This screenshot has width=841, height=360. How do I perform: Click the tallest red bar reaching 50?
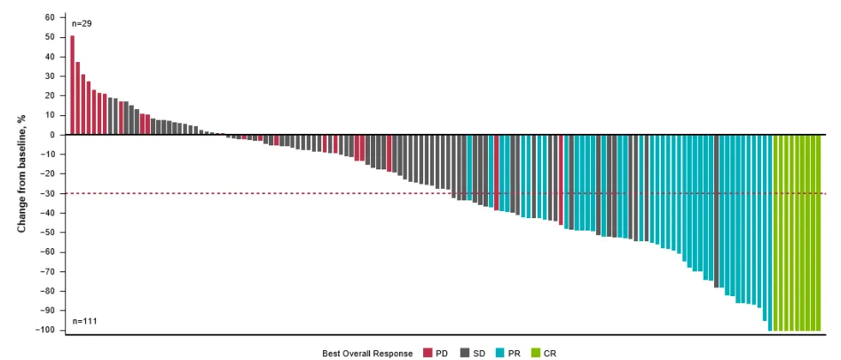pyautogui.click(x=73, y=85)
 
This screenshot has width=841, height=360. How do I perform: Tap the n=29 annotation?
pyautogui.click(x=82, y=24)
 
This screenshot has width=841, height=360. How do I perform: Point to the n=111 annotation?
pyautogui.click(x=83, y=321)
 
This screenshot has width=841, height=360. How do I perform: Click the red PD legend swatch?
pyautogui.click(x=428, y=353)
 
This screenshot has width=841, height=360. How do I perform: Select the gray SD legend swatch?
pyautogui.click(x=465, y=353)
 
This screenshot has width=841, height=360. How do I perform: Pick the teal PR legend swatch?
pyautogui.click(x=500, y=353)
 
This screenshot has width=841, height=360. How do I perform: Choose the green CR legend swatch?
pyautogui.click(x=536, y=353)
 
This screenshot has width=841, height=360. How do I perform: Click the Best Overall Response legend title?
pyautogui.click(x=367, y=354)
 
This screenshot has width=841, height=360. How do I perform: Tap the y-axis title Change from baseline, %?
pyautogui.click(x=22, y=174)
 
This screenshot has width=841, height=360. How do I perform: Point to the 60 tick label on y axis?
pyautogui.click(x=50, y=18)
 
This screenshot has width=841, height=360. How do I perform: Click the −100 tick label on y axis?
pyautogui.click(x=45, y=330)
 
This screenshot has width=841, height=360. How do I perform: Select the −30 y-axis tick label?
pyautogui.click(x=47, y=193)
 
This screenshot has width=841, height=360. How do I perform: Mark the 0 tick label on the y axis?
pyautogui.click(x=52, y=135)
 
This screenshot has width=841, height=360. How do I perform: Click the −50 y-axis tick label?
pyautogui.click(x=47, y=232)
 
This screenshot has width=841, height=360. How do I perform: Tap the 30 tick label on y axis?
pyautogui.click(x=50, y=76)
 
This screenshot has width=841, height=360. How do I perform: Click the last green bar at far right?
pyautogui.click(x=819, y=233)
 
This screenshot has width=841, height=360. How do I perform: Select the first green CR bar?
pyautogui.click(x=775, y=233)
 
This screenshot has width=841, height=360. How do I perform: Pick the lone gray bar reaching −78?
pyautogui.click(x=717, y=211)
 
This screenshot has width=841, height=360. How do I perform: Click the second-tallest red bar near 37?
pyautogui.click(x=78, y=98)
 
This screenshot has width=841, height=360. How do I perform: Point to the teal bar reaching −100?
pyautogui.click(x=770, y=233)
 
